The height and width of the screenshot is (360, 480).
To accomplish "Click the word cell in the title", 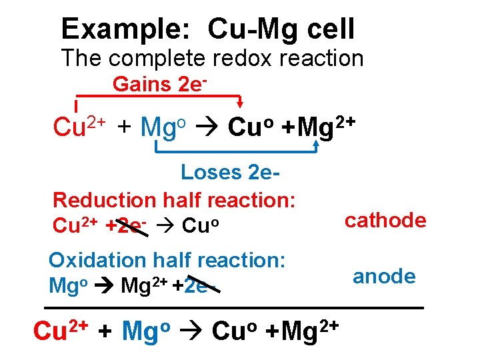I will pyautogui.click(x=327, y=29).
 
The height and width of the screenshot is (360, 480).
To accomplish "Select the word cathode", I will pyautogui.click(x=385, y=221).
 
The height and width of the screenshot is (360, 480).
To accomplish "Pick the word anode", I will pyautogui.click(x=384, y=276).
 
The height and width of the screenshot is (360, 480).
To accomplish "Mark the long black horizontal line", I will pyautogui.click(x=233, y=308).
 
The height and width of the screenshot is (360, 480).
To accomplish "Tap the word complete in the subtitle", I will pyautogui.click(x=155, y=59).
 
